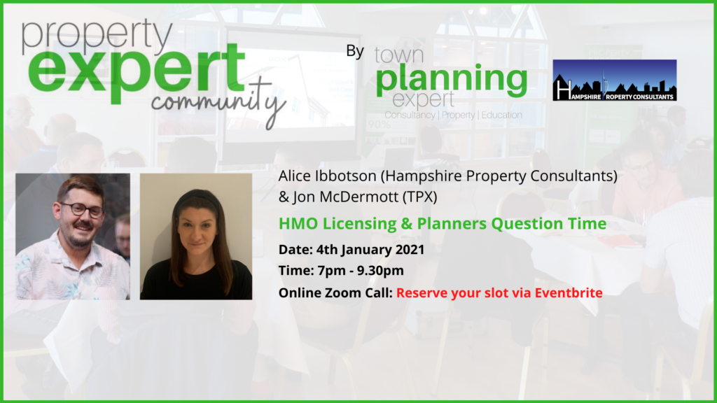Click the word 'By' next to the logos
355,50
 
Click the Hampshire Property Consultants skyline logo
615,80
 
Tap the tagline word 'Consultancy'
410,115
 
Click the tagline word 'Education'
501,115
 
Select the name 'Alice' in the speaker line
295,176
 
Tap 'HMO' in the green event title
298,223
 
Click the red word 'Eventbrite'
569,293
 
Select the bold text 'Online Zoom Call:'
335,293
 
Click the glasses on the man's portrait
83,210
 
